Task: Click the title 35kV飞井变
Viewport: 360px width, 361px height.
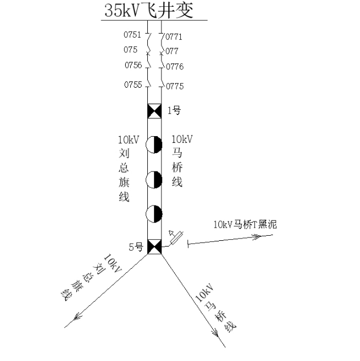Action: click(148, 10)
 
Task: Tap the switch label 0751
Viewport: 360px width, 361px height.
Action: click(132, 35)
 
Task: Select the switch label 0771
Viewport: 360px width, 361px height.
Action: click(174, 37)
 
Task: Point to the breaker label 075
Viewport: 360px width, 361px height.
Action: click(130, 50)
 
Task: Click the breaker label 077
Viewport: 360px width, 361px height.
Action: click(172, 51)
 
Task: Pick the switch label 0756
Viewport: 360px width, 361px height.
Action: click(133, 65)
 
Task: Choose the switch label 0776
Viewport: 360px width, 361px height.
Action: click(175, 67)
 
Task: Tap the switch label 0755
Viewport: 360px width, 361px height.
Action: click(133, 85)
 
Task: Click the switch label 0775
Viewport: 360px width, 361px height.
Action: click(175, 87)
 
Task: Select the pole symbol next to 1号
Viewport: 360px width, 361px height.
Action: click(155, 111)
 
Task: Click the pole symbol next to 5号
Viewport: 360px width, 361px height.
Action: click(155, 247)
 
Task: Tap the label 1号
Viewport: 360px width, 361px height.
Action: click(174, 110)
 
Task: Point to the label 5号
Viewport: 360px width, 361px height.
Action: click(136, 247)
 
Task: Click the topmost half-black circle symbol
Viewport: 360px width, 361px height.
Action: click(154, 145)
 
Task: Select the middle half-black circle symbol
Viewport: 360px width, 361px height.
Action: click(154, 179)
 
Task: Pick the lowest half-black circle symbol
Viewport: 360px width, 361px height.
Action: click(154, 214)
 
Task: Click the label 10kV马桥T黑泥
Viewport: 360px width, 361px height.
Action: click(245, 224)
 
